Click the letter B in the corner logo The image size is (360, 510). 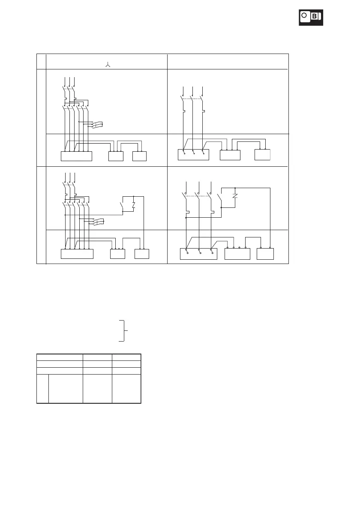click(315, 17)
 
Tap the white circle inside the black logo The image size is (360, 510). click(304, 16)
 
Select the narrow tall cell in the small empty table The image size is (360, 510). click(42, 388)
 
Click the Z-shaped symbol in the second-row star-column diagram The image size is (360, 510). click(134, 205)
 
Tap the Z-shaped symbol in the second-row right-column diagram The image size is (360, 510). click(235, 197)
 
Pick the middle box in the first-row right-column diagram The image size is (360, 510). click(230, 155)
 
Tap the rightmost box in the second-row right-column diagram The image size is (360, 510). click(265, 254)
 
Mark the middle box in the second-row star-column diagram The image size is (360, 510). click(117, 254)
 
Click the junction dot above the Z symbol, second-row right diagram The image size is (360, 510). click(235, 188)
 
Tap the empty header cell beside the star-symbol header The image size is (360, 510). click(227, 61)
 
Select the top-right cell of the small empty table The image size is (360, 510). click(126, 357)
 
